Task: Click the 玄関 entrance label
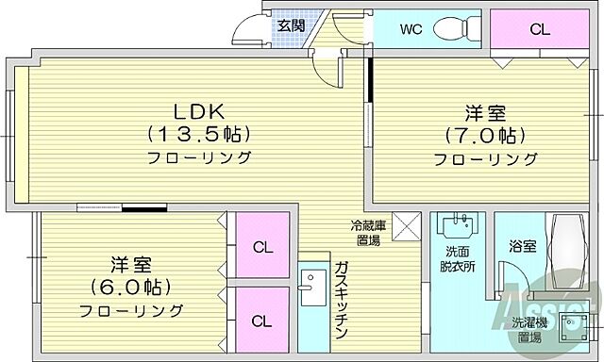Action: pos(291,25)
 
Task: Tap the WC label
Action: pos(411,28)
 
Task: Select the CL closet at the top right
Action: pos(538,28)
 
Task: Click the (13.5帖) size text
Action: pos(197,134)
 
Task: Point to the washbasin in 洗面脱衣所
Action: pos(460,226)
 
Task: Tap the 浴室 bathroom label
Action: pos(524,247)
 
